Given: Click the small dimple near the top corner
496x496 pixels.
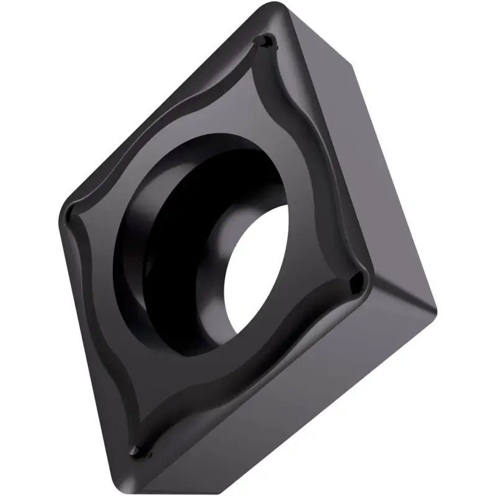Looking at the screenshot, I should pos(265,42).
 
